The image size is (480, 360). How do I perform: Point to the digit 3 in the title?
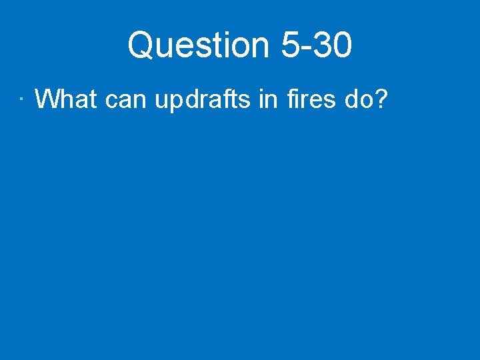tap(325, 45)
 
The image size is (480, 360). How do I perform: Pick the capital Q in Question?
tap(140, 45)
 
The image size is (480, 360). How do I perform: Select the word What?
tap(66, 99)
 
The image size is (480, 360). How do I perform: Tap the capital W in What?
tap(48, 99)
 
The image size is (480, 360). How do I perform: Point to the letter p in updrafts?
tap(173, 102)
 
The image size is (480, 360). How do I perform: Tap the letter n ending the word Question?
tap(259, 48)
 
